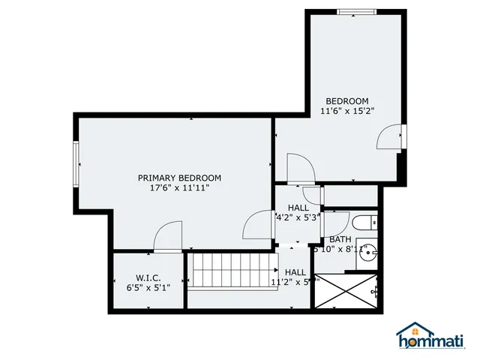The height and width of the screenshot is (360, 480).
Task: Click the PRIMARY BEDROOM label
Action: pos(179,178)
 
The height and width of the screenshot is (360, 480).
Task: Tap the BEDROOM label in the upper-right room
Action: pos(346,101)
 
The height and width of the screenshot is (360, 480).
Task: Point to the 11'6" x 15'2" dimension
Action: pos(346,111)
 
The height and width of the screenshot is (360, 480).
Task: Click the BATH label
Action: pos(340,240)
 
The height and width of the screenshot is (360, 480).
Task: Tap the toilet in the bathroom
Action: pos(367,223)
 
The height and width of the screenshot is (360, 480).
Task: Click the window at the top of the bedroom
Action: pos(355,11)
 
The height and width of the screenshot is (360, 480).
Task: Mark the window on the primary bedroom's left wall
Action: pos(76,163)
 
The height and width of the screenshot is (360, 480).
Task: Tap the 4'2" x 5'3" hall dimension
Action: pos(298,217)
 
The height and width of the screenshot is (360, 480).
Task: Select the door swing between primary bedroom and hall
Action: pos(259,224)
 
